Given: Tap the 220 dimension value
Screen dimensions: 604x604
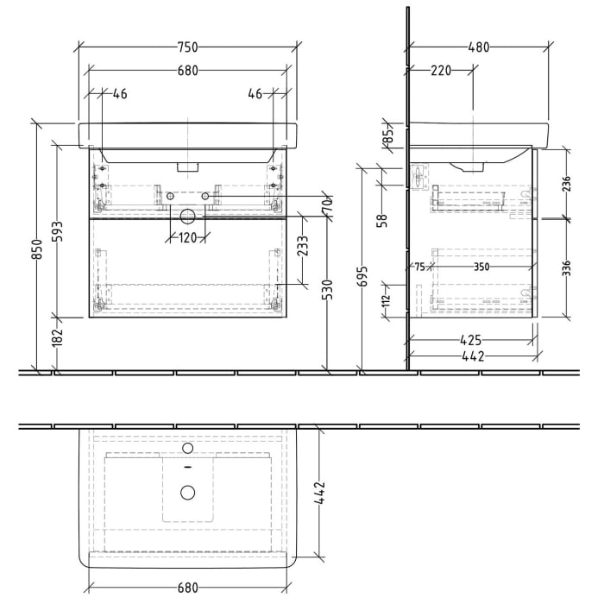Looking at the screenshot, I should click(x=441, y=72).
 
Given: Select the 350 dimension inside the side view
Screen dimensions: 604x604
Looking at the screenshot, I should click(x=481, y=267).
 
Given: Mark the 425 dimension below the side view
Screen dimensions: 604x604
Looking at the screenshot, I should click(x=471, y=341).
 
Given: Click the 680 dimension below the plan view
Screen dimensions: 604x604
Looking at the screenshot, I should click(x=188, y=588).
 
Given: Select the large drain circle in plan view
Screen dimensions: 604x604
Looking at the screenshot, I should click(x=187, y=493).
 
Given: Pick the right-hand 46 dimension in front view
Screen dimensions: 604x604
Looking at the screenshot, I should click(x=255, y=94).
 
